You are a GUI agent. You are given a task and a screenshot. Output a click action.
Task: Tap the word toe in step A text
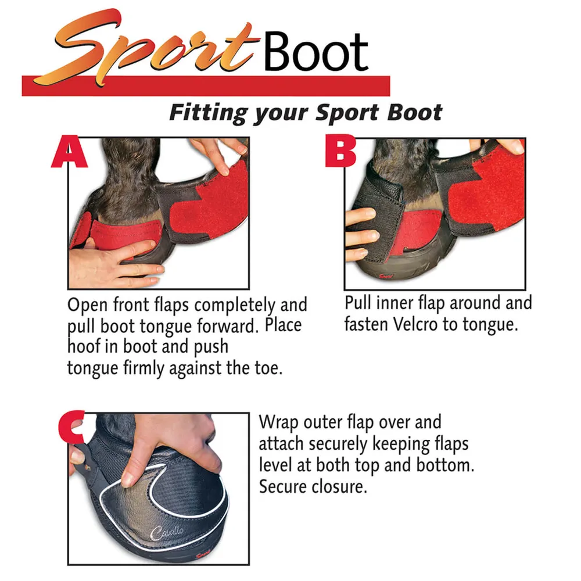[x=268, y=368]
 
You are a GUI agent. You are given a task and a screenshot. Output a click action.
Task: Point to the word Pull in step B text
[x=358, y=303]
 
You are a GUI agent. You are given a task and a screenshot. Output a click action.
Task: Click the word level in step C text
[x=275, y=464]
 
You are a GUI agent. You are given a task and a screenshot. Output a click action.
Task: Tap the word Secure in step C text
[x=284, y=486]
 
